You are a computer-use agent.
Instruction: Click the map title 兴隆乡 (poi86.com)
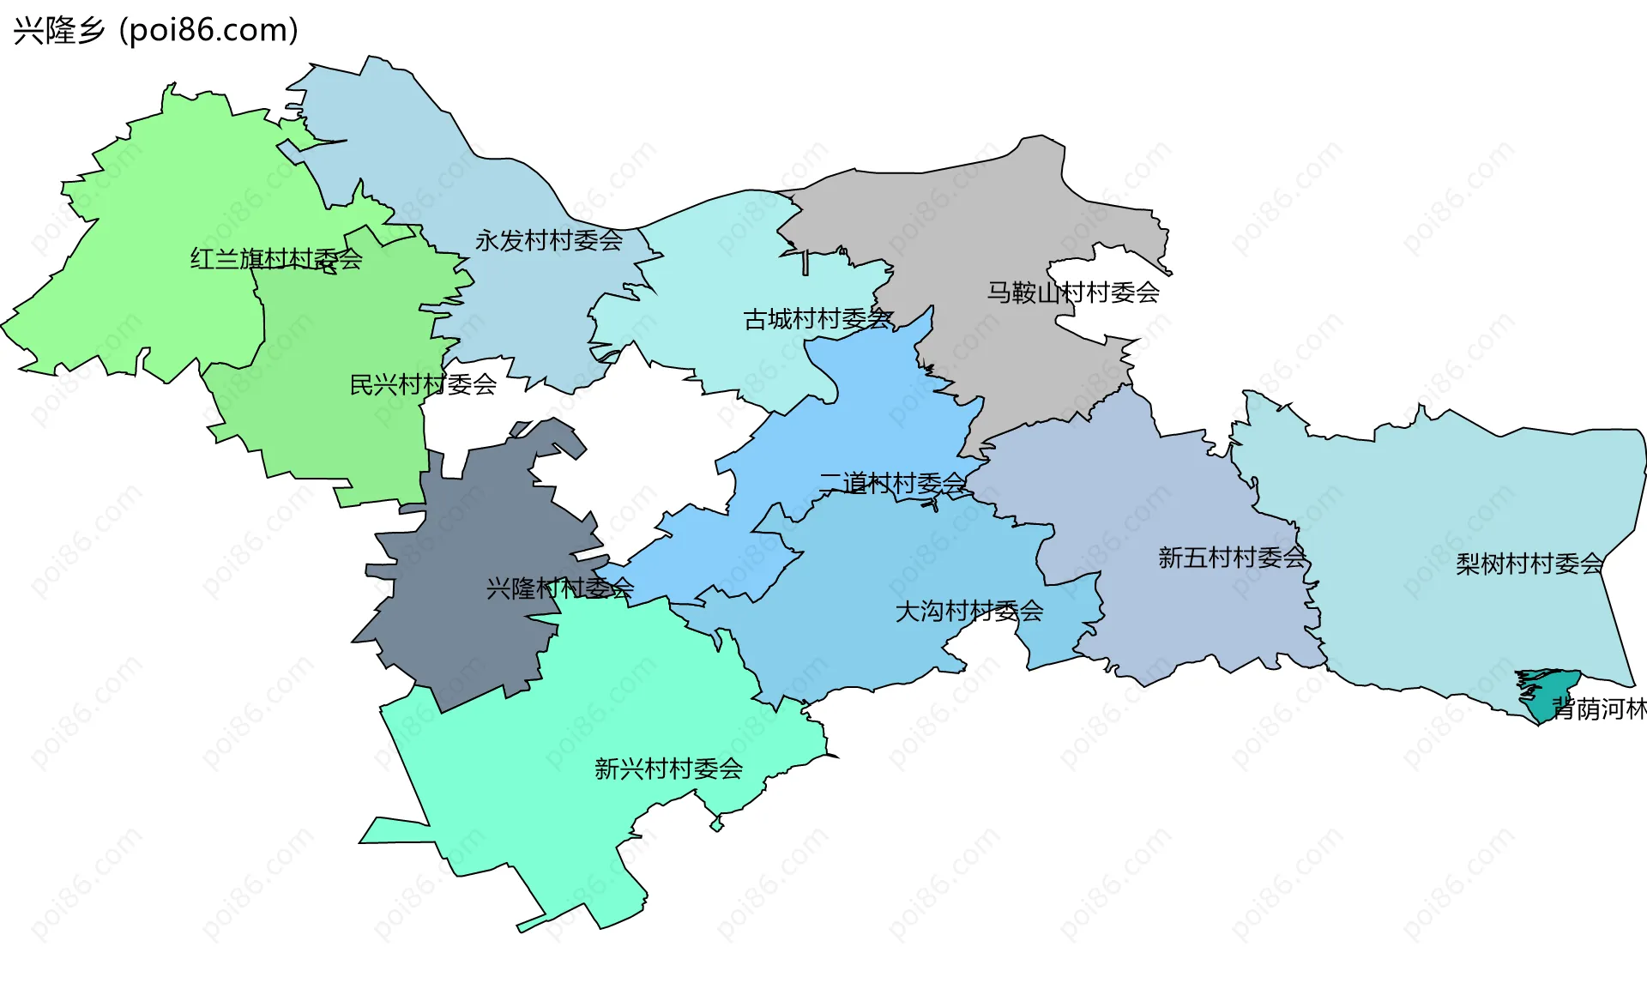155,30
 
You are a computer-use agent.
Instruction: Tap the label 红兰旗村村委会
276,258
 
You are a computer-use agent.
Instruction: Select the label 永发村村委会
549,240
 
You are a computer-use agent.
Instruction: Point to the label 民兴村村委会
423,384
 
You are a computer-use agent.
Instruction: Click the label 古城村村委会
817,319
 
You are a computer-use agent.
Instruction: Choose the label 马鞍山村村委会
1072,292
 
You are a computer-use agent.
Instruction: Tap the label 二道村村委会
892,484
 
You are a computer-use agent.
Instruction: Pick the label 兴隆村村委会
559,588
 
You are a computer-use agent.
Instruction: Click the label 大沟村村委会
969,612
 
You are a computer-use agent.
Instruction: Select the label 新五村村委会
1232,558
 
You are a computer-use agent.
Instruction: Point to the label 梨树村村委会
1529,564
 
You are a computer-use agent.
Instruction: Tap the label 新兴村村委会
668,769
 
